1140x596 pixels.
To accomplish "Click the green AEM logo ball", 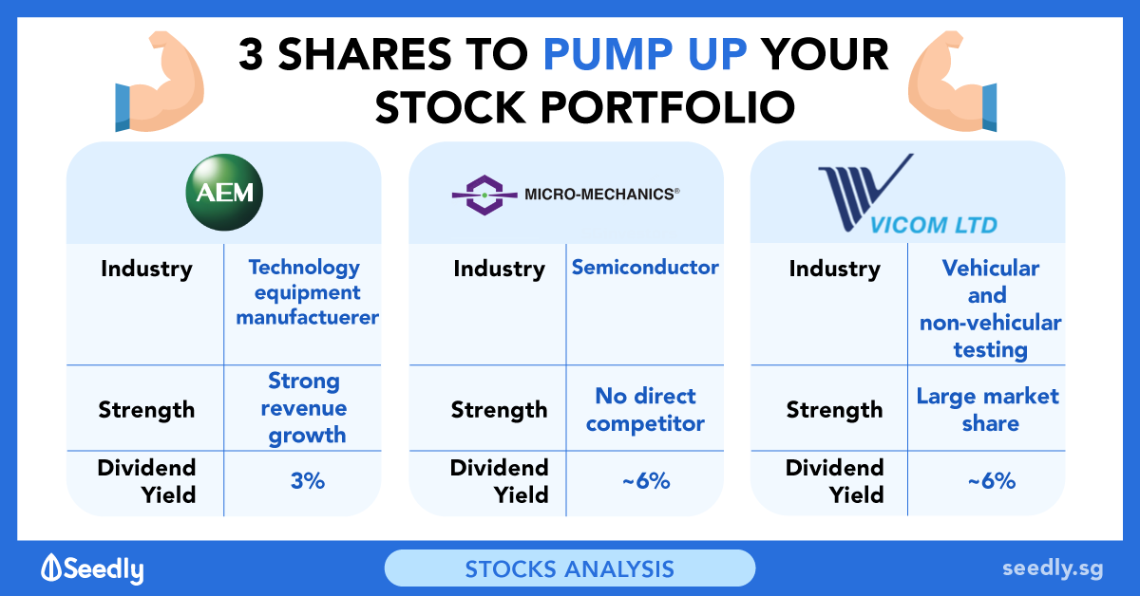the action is pyautogui.click(x=224, y=193).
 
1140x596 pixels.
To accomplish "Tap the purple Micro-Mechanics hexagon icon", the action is pyautogui.click(x=484, y=195).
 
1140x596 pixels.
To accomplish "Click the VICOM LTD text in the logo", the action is pyautogui.click(x=933, y=225).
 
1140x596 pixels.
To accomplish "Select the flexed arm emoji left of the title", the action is pyautogui.click(x=160, y=82).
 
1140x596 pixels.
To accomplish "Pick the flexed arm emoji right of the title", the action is pyautogui.click(x=952, y=82).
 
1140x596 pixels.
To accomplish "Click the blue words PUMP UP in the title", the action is pyautogui.click(x=645, y=54).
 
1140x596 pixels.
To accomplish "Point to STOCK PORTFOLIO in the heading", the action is pyautogui.click(x=585, y=107).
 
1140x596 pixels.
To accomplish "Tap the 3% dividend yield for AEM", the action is pyautogui.click(x=308, y=480).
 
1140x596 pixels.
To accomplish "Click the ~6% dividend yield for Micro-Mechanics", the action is pyautogui.click(x=646, y=480).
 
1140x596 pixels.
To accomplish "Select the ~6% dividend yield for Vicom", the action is pyautogui.click(x=992, y=480).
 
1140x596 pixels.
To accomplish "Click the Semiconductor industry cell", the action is pyautogui.click(x=645, y=267).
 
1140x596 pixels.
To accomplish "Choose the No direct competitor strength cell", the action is pyautogui.click(x=645, y=409).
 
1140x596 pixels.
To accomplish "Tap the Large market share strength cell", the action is pyautogui.click(x=988, y=409).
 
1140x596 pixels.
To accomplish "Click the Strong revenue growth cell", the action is pyautogui.click(x=304, y=408).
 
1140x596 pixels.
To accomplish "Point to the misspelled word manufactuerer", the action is pyautogui.click(x=308, y=317).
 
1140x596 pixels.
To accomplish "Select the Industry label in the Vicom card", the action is pyautogui.click(x=835, y=269).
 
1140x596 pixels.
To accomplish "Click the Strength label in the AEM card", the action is pyautogui.click(x=146, y=409).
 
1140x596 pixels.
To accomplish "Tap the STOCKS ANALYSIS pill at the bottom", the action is pyautogui.click(x=569, y=568).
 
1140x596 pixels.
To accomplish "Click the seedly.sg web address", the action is pyautogui.click(x=1053, y=568).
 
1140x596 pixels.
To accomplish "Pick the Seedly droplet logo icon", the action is pyautogui.click(x=51, y=567).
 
